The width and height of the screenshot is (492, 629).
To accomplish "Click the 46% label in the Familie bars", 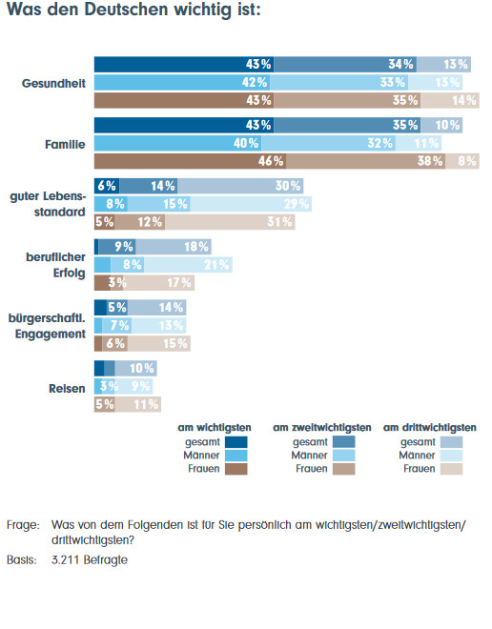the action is click(271, 161).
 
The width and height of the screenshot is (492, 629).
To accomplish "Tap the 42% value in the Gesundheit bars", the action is click(255, 82).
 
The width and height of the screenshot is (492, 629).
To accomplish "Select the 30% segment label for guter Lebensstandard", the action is click(288, 186).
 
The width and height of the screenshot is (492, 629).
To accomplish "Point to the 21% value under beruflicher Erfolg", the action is click(216, 265).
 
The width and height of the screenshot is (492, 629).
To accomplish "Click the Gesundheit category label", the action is click(53, 84).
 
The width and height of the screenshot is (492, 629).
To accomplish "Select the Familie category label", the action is click(65, 145).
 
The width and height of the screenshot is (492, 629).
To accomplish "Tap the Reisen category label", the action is click(67, 388).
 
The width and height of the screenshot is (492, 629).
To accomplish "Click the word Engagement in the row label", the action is click(51, 334).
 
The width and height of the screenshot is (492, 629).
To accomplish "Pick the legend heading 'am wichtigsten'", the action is click(215, 428).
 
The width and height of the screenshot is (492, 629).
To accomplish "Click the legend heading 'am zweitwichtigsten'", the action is click(322, 428).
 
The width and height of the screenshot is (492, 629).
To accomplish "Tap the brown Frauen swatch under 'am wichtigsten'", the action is click(236, 469).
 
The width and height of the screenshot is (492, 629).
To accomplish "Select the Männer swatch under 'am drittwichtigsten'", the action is click(451, 456).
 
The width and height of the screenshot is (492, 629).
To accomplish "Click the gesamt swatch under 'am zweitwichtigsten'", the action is click(343, 442).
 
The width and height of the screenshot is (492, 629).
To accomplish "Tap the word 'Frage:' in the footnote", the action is click(23, 525).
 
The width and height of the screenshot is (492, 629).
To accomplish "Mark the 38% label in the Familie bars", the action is click(430, 161).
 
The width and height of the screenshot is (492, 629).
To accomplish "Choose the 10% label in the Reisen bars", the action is click(142, 368).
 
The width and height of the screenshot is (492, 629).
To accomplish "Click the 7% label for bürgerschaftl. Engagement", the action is click(119, 325).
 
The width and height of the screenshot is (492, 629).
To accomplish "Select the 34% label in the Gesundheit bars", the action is click(400, 64).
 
